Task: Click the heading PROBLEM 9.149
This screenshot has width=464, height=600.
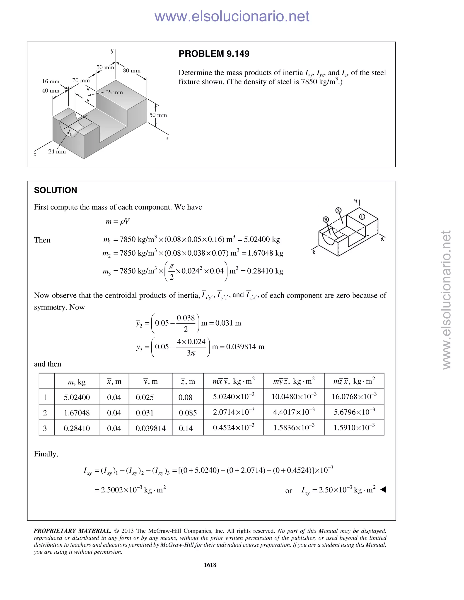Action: [x=214, y=54]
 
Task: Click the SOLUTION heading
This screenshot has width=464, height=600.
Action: [x=56, y=190]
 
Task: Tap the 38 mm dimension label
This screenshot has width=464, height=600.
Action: [x=114, y=92]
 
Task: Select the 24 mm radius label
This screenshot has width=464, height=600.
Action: [x=57, y=151]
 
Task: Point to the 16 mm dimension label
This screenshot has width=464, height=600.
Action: [x=51, y=81]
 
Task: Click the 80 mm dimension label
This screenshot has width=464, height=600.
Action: [x=132, y=71]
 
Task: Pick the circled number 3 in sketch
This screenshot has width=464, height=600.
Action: [x=326, y=219]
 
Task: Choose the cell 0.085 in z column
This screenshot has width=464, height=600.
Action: [x=188, y=413]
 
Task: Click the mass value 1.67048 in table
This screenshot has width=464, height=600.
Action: [x=77, y=413]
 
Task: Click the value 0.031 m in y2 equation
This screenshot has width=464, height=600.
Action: [x=228, y=323]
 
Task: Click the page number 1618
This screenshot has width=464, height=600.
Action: [x=210, y=565]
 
